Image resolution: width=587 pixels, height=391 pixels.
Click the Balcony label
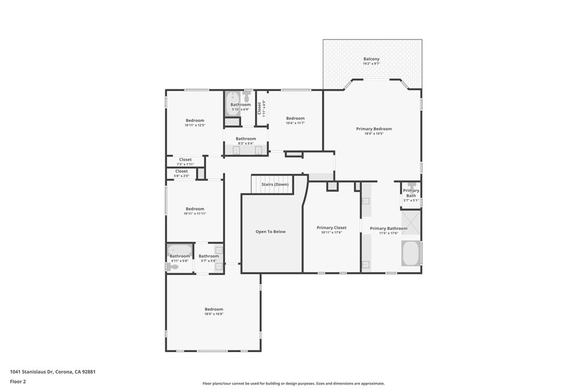tap(371, 59)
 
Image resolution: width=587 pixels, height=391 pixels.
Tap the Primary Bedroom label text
tap(374, 129)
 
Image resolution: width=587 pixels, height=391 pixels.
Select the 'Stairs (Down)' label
tap(275, 184)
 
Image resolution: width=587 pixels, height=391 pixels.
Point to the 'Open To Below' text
tap(271, 232)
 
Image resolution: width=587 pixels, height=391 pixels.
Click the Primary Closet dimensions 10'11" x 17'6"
tap(331, 232)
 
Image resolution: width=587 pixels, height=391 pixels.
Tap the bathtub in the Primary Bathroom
tap(410, 253)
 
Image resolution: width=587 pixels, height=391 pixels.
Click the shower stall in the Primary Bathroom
tap(410, 223)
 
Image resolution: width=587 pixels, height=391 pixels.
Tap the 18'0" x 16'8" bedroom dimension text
tap(214, 314)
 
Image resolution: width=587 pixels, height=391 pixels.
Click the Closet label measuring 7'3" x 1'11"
tap(185, 160)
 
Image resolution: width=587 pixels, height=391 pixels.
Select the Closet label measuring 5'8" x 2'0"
tap(181, 171)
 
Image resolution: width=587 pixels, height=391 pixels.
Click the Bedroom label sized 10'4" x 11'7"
tap(295, 119)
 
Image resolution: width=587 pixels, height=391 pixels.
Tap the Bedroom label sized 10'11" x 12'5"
tap(195, 120)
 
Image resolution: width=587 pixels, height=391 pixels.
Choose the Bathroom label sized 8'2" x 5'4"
tap(245, 139)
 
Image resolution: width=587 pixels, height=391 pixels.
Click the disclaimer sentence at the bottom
tap(293, 384)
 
